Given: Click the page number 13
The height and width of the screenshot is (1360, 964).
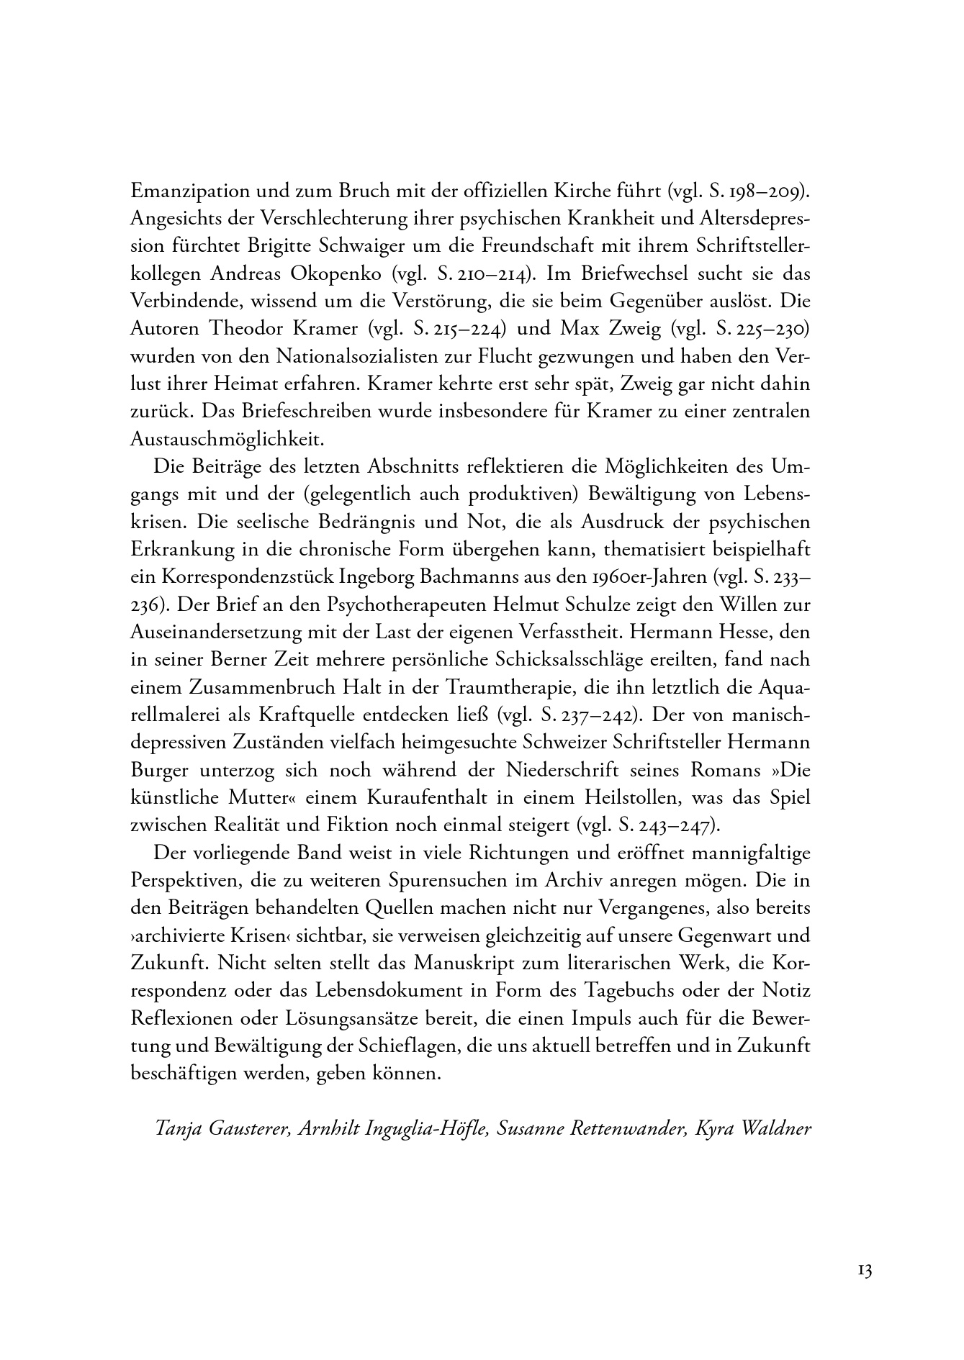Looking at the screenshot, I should pos(864,1271).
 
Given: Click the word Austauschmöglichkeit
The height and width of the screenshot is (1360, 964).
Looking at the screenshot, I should pos(228,439).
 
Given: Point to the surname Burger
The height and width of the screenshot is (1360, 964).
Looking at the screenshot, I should pos(160,770).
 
